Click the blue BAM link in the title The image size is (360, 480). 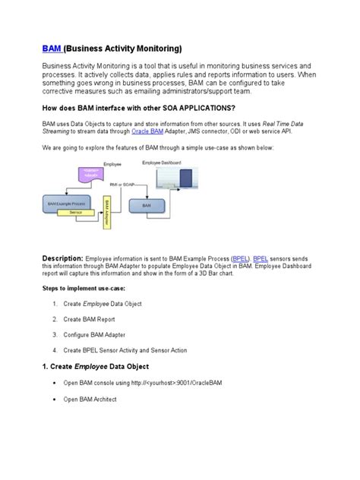pos(51,49)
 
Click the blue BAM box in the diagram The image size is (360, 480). pos(147,205)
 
